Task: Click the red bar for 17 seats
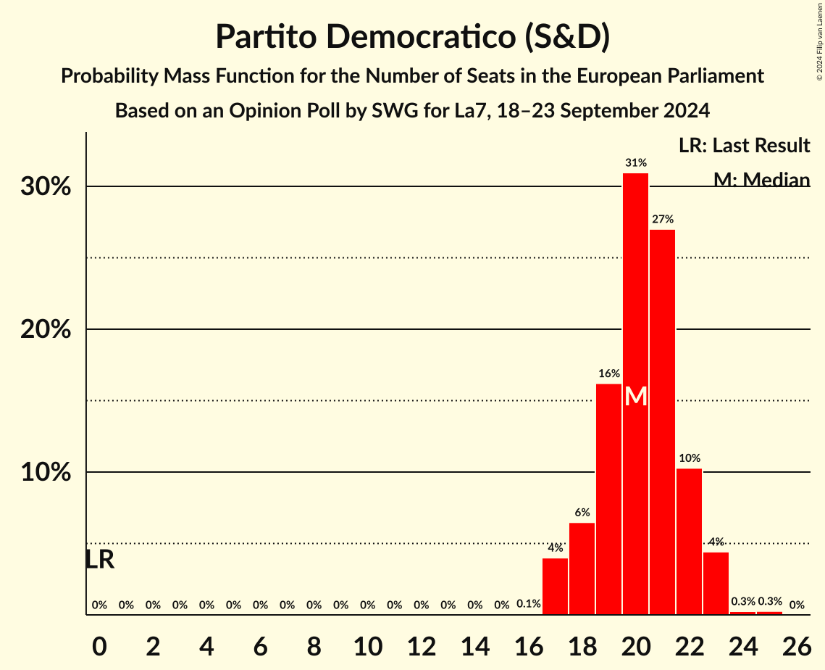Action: pyautogui.click(x=555, y=586)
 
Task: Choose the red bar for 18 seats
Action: pyautogui.click(x=582, y=568)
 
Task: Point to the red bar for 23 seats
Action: pyautogui.click(x=716, y=583)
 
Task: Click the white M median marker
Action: pyautogui.click(x=635, y=396)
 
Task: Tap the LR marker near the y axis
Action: pyautogui.click(x=99, y=560)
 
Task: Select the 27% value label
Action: pyautogui.click(x=663, y=219)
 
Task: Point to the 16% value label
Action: pyautogui.click(x=609, y=373)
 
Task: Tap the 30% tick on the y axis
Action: pyautogui.click(x=45, y=187)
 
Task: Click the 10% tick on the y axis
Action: pyautogui.click(x=45, y=473)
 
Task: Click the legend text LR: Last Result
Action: pyautogui.click(x=744, y=146)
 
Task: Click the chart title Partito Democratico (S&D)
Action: pyautogui.click(x=412, y=36)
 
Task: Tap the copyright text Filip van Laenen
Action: pyautogui.click(x=819, y=41)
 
